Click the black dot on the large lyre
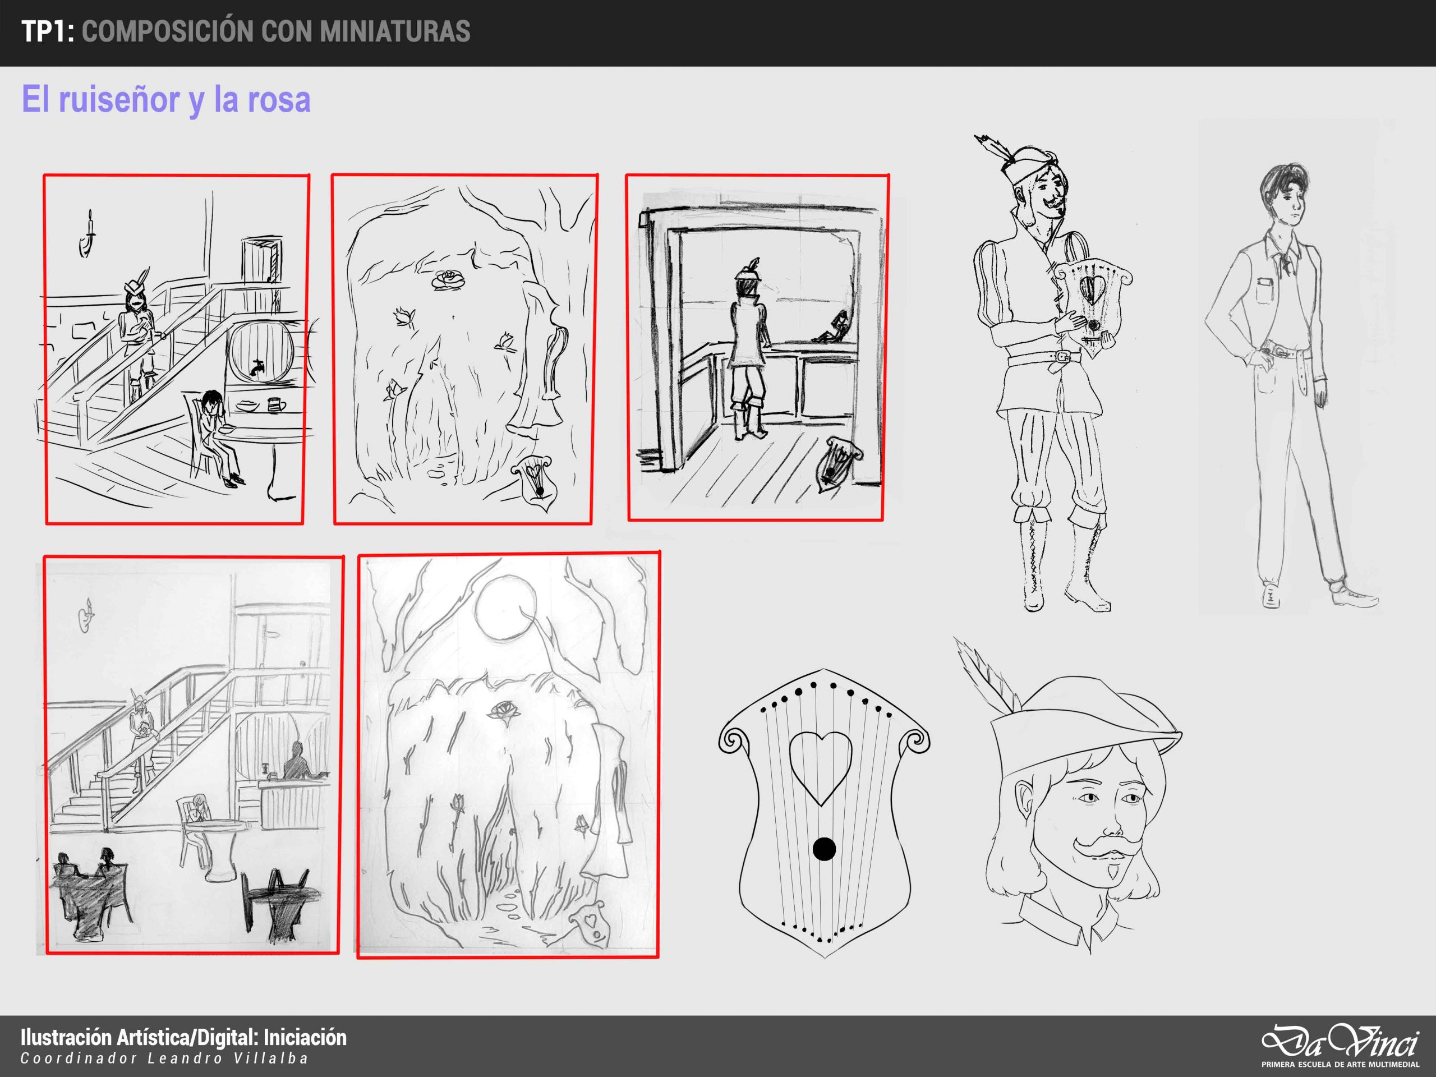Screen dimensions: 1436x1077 pyautogui.click(x=824, y=849)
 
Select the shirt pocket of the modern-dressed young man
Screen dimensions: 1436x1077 pyautogui.click(x=1266, y=290)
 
